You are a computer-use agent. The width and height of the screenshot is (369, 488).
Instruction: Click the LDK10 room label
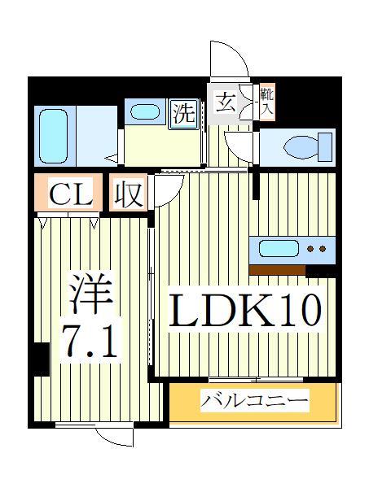click(x=245, y=310)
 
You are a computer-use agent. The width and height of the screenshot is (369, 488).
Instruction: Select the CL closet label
click(x=68, y=195)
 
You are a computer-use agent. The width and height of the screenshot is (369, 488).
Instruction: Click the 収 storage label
click(x=128, y=195)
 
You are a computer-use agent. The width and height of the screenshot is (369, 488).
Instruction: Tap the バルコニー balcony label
click(x=255, y=402)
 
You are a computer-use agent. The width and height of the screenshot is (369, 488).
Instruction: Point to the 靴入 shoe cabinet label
click(x=266, y=101)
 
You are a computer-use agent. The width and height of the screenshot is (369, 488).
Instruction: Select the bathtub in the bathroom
click(x=55, y=133)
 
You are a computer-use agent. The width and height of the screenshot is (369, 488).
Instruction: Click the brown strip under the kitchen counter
click(x=277, y=269)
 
